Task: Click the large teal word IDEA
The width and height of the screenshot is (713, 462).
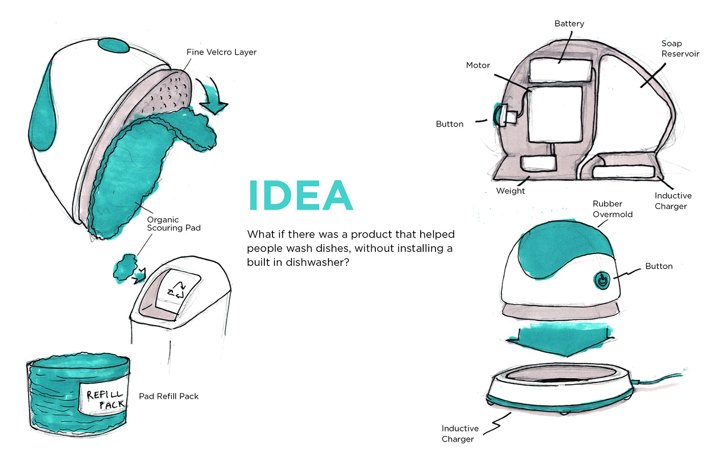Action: (x=300, y=195)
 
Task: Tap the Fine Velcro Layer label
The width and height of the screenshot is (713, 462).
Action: (x=221, y=52)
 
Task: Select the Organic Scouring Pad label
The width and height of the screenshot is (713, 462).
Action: (x=174, y=224)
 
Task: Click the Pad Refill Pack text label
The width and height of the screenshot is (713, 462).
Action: (x=169, y=396)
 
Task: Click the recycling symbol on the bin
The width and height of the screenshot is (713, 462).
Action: (x=177, y=290)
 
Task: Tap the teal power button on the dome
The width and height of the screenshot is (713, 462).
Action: (x=602, y=280)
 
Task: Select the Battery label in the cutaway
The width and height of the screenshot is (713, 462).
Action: (x=569, y=23)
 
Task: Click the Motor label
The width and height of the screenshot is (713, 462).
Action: (x=478, y=65)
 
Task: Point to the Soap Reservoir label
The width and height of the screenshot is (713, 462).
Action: (x=680, y=48)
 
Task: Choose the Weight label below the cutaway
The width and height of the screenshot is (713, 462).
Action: (x=510, y=191)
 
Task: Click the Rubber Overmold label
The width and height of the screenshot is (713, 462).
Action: (x=612, y=209)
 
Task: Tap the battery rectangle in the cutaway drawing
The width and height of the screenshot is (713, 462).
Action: (x=560, y=69)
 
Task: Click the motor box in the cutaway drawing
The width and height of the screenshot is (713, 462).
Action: (x=555, y=114)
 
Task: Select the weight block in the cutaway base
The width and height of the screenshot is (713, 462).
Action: (x=538, y=163)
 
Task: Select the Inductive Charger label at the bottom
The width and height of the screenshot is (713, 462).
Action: (x=459, y=433)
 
